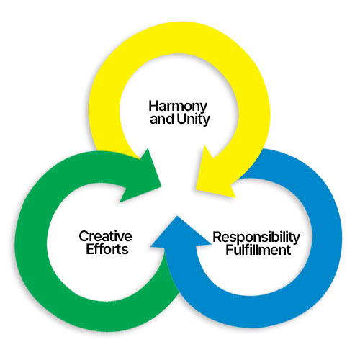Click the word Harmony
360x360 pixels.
(x=178, y=107)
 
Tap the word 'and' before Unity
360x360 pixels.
(x=163, y=119)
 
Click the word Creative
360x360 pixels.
(x=105, y=236)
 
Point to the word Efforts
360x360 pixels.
(x=107, y=249)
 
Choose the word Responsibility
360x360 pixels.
(x=256, y=238)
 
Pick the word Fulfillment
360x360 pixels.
(x=258, y=250)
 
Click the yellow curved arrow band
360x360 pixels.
(x=179, y=38)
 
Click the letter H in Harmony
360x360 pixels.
(x=153, y=106)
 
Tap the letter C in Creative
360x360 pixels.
(x=84, y=236)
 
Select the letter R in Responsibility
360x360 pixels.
(x=217, y=237)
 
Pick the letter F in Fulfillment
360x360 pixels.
(x=230, y=249)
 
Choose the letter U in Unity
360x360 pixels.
(x=181, y=119)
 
